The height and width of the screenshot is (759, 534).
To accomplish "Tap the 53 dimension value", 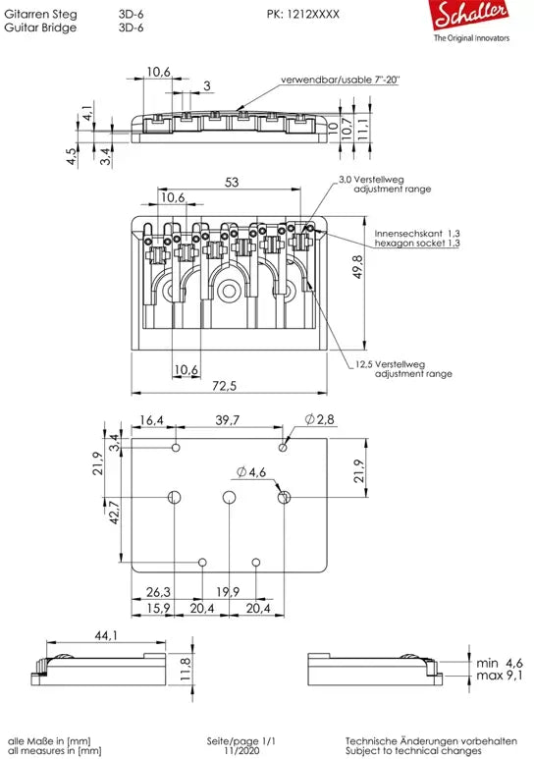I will [x=231, y=182].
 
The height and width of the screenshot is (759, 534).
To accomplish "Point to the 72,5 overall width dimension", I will [x=232, y=387].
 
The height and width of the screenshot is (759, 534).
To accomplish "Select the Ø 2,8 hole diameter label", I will [x=320, y=420].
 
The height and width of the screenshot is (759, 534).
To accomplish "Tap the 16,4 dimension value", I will [x=153, y=420].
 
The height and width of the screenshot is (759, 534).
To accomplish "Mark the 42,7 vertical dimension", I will [x=113, y=513].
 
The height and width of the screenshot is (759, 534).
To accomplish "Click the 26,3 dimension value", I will [x=158, y=592].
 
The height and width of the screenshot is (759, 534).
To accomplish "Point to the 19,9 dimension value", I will [x=228, y=592].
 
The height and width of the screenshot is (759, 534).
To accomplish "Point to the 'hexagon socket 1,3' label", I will [x=417, y=243].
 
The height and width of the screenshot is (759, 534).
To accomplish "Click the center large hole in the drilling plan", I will [x=229, y=498].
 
